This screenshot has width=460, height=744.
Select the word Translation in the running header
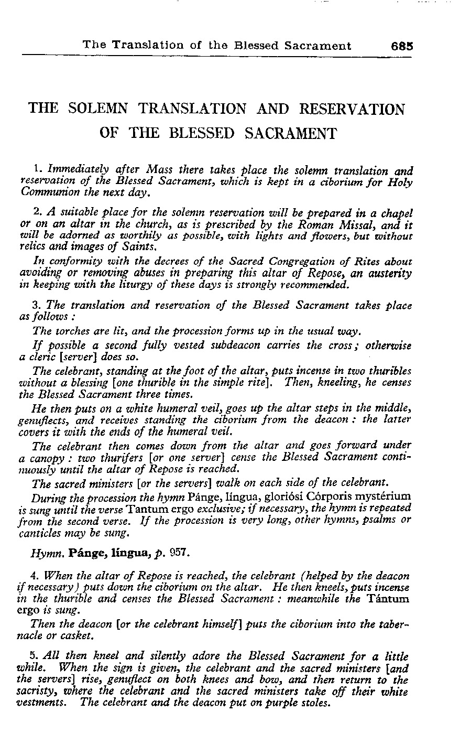click(x=140, y=46)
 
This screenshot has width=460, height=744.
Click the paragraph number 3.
click(x=36, y=305)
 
